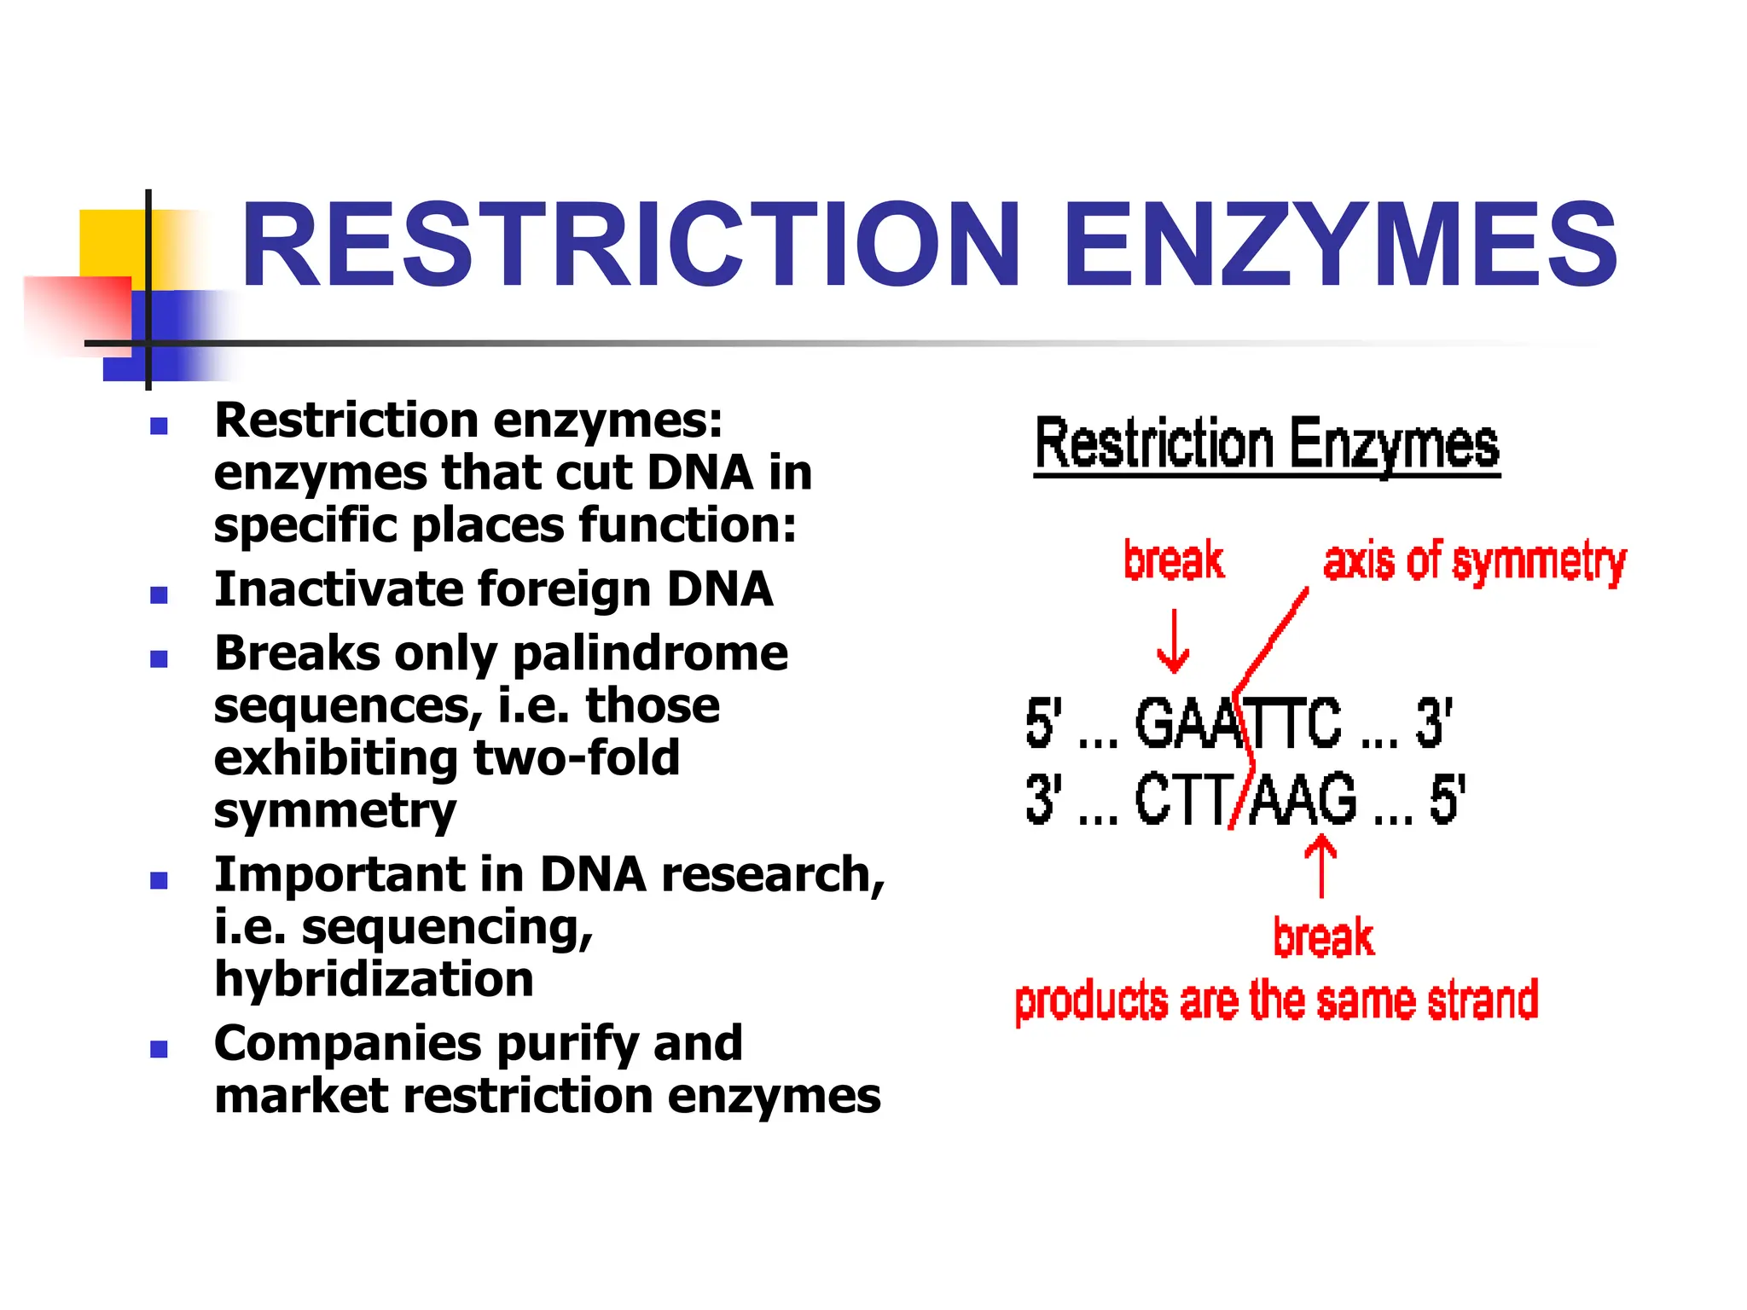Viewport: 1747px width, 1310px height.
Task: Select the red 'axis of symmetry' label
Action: point(1474,563)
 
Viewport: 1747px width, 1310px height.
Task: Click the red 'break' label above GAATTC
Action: point(1174,560)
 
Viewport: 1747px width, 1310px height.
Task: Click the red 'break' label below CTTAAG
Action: point(1323,938)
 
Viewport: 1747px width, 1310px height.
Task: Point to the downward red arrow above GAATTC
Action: point(1174,641)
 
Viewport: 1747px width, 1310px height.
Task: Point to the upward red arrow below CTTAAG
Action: point(1321,866)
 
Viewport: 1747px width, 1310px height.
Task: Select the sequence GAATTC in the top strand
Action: point(1237,723)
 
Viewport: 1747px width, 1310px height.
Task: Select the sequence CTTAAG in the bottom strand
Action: point(1245,799)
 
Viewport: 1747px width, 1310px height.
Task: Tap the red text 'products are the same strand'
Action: point(1276,1001)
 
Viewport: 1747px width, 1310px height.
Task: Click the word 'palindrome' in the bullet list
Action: point(650,654)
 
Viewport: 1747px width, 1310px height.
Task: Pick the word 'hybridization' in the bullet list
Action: point(374,979)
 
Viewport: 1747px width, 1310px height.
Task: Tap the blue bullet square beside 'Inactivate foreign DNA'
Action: point(159,594)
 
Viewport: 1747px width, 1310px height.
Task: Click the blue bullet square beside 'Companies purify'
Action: point(159,1049)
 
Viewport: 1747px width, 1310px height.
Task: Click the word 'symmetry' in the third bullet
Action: point(335,811)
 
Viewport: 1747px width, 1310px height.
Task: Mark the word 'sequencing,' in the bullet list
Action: point(447,928)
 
